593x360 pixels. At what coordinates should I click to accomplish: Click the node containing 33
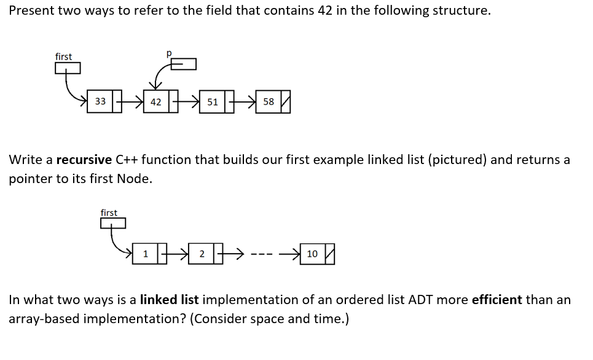click(100, 101)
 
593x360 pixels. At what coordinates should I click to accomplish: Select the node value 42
click(156, 101)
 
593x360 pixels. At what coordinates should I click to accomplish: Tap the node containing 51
click(212, 101)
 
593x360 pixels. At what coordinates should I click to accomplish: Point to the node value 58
click(269, 101)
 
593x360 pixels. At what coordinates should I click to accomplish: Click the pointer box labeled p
click(184, 65)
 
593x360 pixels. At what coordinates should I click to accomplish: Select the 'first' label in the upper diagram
click(63, 57)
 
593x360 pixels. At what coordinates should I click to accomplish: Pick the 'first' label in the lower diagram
click(109, 213)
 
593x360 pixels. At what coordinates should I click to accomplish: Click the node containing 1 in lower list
click(145, 254)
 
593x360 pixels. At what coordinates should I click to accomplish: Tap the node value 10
click(312, 254)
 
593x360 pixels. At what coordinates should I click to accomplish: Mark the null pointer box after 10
click(328, 254)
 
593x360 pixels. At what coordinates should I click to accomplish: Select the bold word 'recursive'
click(84, 160)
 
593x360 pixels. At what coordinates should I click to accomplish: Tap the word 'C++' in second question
click(127, 160)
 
